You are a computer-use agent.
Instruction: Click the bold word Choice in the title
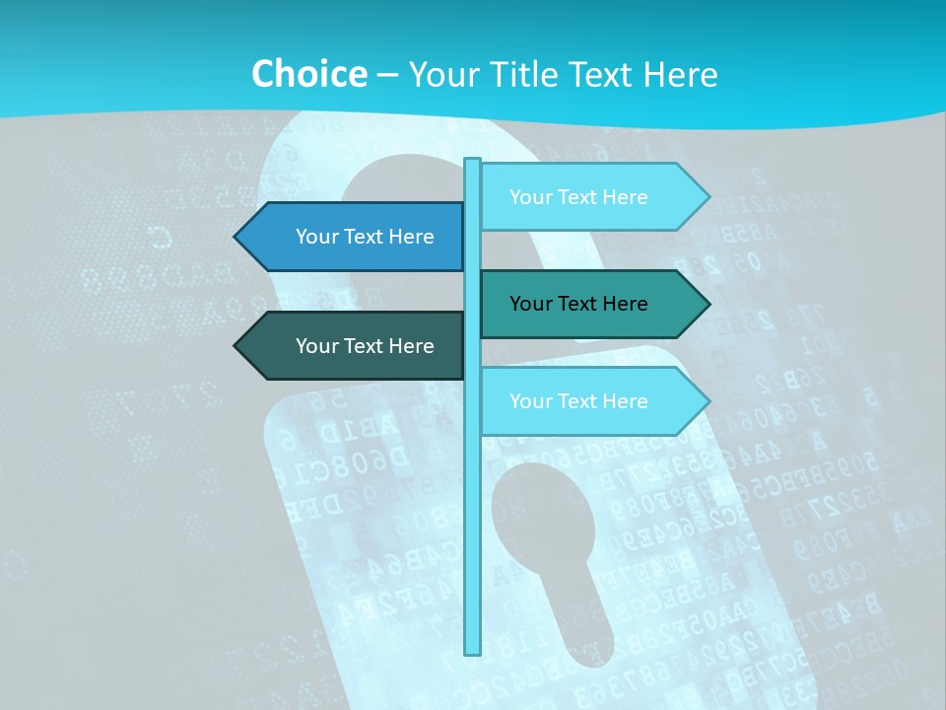tap(308, 74)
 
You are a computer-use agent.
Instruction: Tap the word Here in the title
tap(680, 74)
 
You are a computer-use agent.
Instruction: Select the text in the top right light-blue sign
tap(578, 197)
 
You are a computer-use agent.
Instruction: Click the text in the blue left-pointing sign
tap(365, 237)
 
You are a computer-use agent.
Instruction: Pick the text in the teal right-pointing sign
tap(578, 304)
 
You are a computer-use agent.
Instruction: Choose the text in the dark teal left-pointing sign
tap(365, 346)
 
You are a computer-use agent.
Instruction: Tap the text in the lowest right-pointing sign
tap(578, 401)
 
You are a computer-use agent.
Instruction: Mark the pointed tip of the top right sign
tap(708, 197)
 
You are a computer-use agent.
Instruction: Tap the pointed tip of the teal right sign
tap(708, 304)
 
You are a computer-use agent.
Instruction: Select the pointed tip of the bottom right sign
tap(708, 401)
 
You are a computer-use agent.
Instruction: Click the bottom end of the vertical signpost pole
tap(473, 651)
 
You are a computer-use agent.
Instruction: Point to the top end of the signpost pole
tap(473, 161)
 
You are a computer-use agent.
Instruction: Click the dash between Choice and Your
tap(387, 75)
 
